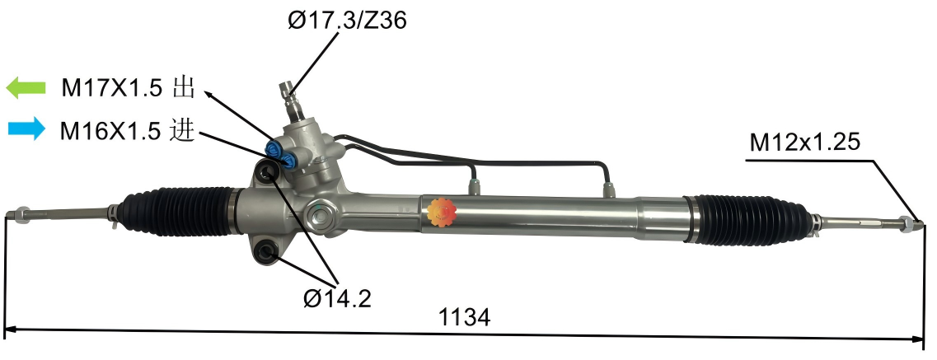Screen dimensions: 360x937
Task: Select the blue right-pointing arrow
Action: pyautogui.click(x=26, y=129)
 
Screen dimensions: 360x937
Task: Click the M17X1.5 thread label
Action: pyautogui.click(x=113, y=88)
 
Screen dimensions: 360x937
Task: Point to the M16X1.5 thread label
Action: pyautogui.click(x=112, y=130)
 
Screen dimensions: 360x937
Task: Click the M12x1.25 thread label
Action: pyautogui.click(x=804, y=143)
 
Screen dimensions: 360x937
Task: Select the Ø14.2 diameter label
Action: pyautogui.click(x=337, y=298)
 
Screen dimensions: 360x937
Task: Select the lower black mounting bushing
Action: pyautogui.click(x=265, y=252)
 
